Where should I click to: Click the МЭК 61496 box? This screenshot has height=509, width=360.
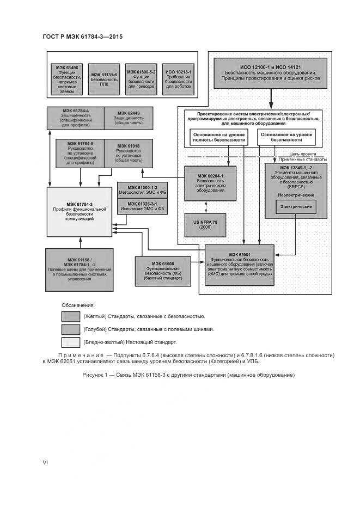coord(68,79)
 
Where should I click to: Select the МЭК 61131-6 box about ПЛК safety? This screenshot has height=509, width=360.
coord(104,79)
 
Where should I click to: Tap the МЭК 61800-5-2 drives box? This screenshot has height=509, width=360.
coord(141,79)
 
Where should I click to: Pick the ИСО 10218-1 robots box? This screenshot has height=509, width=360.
coord(179,79)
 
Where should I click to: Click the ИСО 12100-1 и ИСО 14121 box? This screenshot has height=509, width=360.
coord(270,74)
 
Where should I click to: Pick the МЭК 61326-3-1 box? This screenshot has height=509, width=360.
coord(138,206)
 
